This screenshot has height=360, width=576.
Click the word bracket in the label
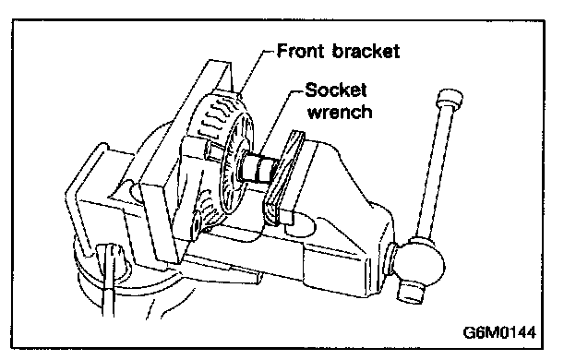(x=366, y=51)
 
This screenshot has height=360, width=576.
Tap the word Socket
(x=336, y=90)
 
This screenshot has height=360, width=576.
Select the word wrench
(x=340, y=112)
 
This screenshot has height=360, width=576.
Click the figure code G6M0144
(x=499, y=332)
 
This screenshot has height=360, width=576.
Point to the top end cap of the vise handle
(x=450, y=97)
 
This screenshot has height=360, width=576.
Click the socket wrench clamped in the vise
(x=259, y=168)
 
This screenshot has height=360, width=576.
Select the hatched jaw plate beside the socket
(x=283, y=176)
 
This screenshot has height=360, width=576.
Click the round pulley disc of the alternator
(x=236, y=163)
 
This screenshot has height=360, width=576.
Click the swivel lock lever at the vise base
(x=108, y=279)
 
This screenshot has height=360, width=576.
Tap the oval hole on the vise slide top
(x=299, y=226)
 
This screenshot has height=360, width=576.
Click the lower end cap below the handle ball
(x=410, y=290)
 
